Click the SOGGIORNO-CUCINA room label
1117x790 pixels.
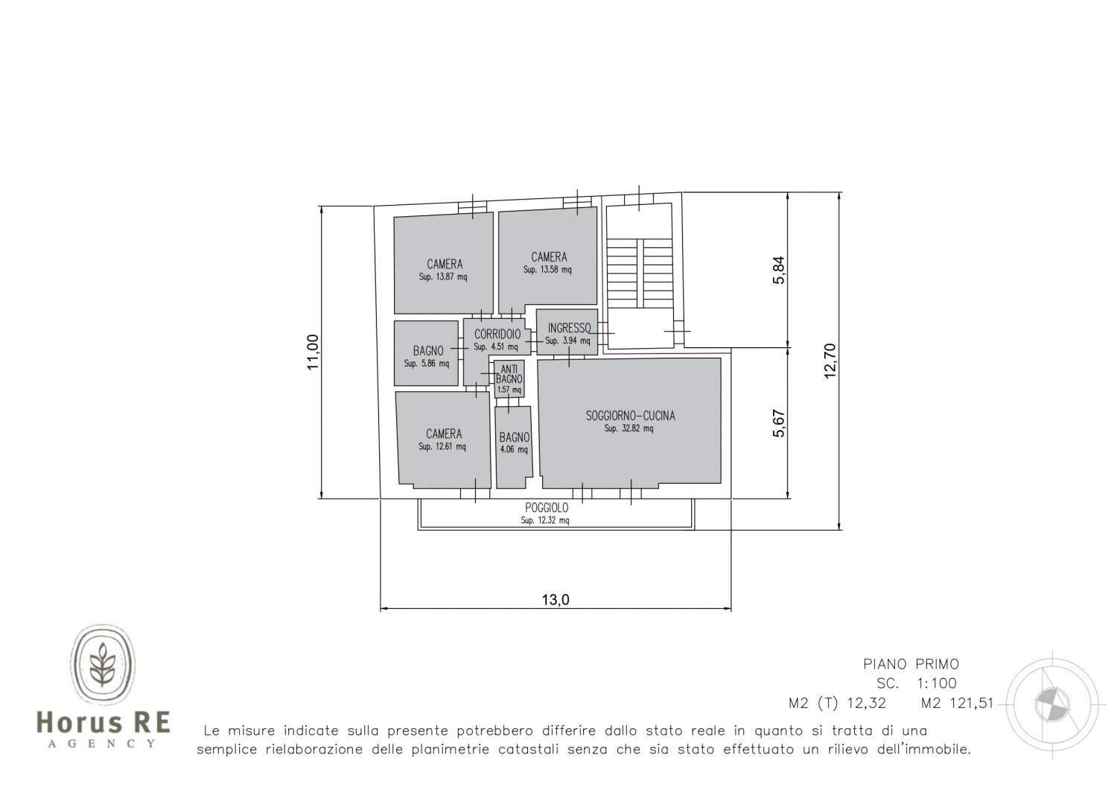click(630, 416)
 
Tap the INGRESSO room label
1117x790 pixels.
click(569, 328)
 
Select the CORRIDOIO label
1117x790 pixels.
click(497, 335)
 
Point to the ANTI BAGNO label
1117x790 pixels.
click(509, 374)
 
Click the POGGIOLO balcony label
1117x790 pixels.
click(547, 508)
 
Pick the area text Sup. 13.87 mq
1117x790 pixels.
click(443, 277)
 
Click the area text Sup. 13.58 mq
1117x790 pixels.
click(547, 270)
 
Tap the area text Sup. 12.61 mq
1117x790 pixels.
click(442, 446)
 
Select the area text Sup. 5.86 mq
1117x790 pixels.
click(427, 363)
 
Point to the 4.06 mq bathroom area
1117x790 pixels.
click(514, 449)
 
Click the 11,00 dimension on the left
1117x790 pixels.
click(313, 352)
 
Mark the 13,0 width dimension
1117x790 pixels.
click(556, 599)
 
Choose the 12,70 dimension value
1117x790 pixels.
click(830, 361)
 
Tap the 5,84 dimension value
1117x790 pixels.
click(778, 270)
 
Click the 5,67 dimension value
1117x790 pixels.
click(778, 423)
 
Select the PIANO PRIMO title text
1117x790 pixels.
click(911, 664)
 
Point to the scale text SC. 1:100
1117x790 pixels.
click(917, 683)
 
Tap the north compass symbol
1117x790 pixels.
click(1052, 704)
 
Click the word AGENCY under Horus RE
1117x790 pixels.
click(102, 744)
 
